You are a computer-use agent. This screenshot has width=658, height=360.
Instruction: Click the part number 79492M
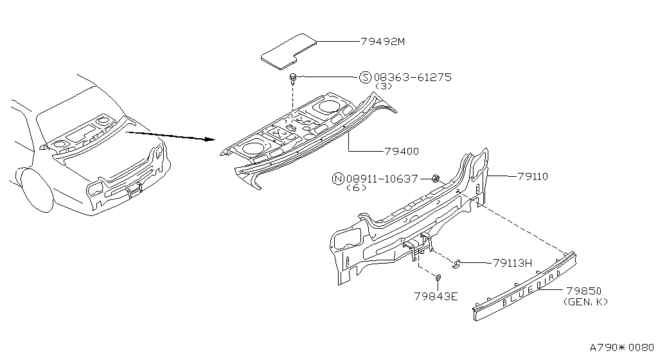[383, 42]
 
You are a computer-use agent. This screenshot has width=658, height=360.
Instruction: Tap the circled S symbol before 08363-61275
[366, 77]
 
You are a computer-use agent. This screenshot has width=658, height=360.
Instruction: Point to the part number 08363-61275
[413, 77]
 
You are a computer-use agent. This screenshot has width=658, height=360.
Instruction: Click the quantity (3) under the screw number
[384, 86]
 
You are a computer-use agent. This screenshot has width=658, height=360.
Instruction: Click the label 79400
[402, 151]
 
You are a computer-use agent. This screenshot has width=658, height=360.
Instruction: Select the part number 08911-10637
[382, 179]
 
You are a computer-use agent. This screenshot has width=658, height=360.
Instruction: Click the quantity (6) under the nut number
[357, 188]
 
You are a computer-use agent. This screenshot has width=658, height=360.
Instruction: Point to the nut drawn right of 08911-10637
[435, 179]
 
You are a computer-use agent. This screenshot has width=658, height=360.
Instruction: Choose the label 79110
[533, 176]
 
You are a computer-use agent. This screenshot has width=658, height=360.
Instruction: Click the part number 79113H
[512, 263]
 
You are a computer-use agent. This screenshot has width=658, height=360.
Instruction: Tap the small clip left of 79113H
[457, 264]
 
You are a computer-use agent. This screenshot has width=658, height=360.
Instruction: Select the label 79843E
[436, 296]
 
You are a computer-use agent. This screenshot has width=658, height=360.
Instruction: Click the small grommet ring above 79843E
[438, 277]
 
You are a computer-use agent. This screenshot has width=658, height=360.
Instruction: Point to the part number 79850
[583, 291]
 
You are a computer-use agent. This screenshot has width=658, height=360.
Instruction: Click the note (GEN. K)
[586, 301]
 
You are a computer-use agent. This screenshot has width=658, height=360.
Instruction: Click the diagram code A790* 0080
[622, 347]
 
